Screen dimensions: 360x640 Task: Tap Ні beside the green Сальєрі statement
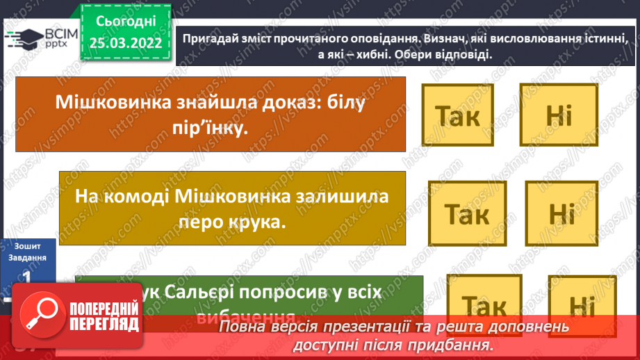(578, 306)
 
